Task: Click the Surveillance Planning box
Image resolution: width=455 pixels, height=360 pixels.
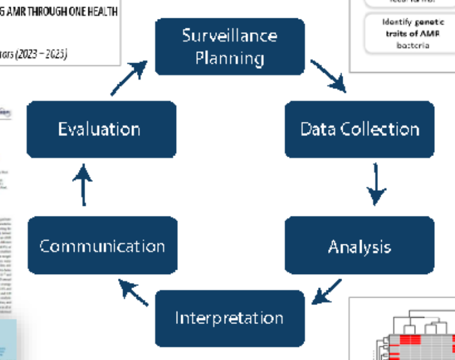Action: tap(230, 47)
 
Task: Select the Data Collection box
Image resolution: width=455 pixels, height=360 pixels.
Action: tap(359, 129)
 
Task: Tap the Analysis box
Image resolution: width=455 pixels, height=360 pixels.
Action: tap(359, 246)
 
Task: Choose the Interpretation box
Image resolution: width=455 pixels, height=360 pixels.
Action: tap(229, 318)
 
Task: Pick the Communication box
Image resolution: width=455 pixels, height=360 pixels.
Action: tap(102, 245)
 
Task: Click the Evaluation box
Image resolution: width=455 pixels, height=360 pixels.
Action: tap(100, 129)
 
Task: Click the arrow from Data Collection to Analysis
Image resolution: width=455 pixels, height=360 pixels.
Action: tap(376, 184)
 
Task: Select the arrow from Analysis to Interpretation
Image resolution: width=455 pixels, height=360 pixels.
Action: tap(328, 291)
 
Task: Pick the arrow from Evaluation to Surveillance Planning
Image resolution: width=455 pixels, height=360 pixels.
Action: tap(129, 78)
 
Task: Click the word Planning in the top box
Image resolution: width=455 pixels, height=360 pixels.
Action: tap(229, 58)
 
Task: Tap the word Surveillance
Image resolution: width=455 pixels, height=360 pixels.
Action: tap(230, 35)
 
